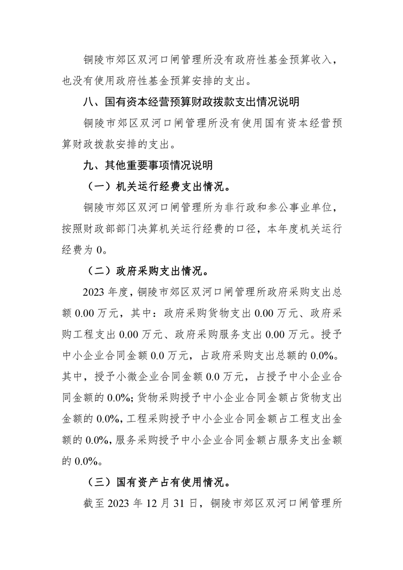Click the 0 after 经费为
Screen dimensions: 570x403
tap(100, 250)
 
